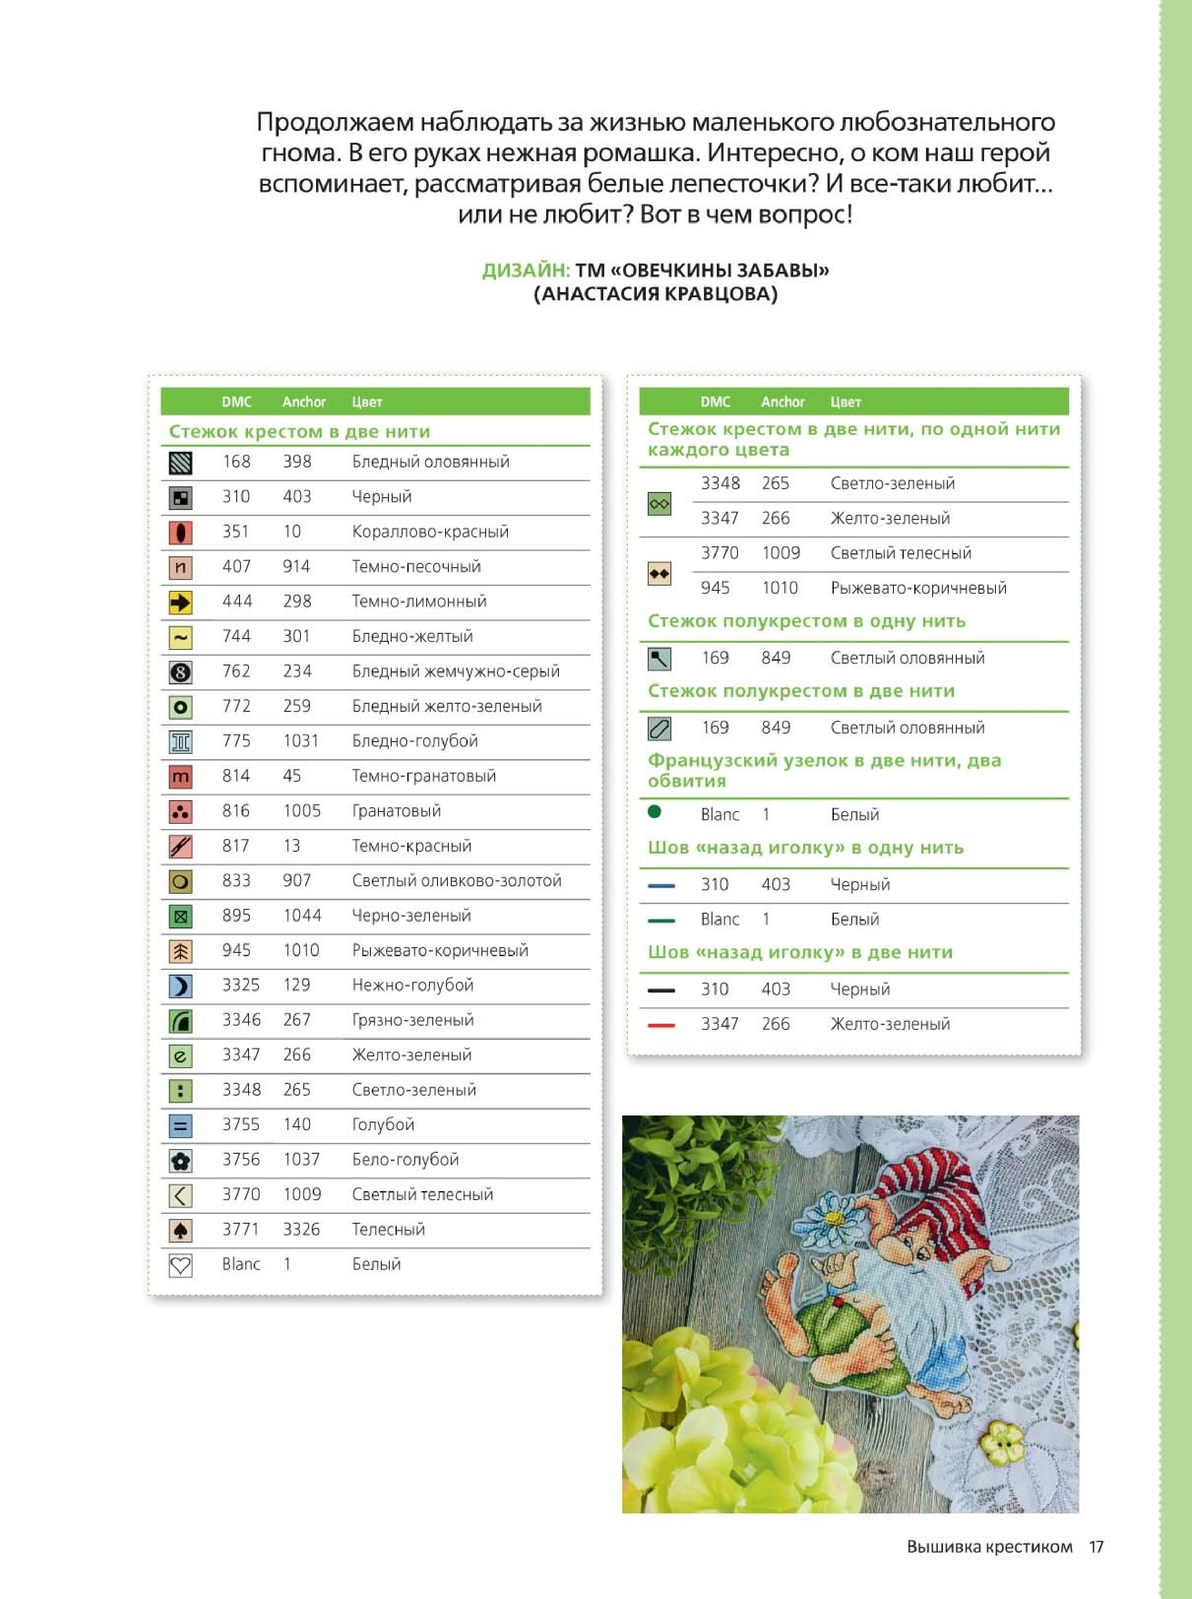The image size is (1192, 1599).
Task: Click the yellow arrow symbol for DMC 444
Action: click(180, 602)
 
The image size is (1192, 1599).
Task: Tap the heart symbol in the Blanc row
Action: click(180, 1265)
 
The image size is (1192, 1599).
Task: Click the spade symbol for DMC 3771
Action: click(180, 1229)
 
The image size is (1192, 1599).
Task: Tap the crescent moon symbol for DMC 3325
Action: click(180, 985)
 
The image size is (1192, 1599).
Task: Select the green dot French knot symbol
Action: click(654, 812)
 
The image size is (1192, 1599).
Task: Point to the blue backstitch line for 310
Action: click(661, 885)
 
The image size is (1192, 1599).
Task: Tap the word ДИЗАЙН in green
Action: click(525, 271)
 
